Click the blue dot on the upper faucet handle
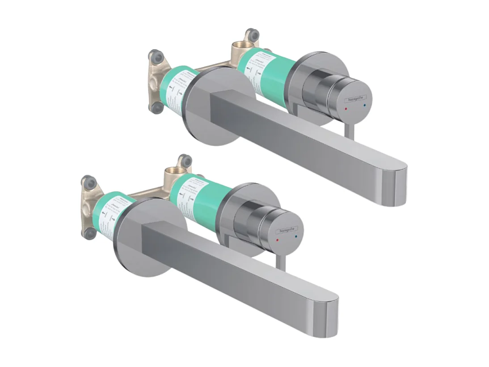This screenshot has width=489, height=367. click(x=365, y=106)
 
